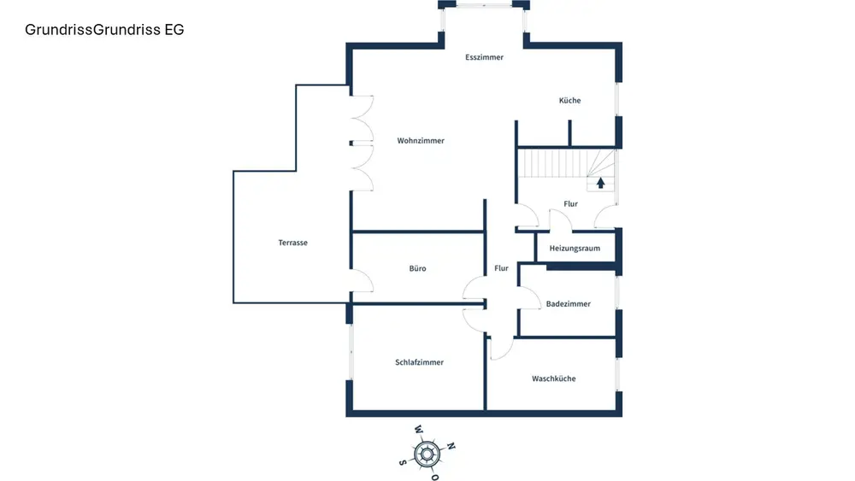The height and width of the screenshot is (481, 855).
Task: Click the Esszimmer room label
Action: [484, 57]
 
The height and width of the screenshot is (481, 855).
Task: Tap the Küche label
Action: [569, 101]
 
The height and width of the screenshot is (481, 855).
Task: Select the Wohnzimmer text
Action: [421, 141]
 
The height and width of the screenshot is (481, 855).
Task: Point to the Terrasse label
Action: [292, 243]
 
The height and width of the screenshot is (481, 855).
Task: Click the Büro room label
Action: [417, 269]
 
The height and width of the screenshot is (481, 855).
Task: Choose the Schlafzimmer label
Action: [419, 362]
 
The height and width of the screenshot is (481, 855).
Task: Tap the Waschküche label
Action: [553, 378]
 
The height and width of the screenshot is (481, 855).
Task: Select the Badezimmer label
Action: [568, 304]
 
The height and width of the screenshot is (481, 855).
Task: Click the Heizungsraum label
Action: [575, 249]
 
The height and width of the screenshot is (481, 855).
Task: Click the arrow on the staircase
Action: [601, 182]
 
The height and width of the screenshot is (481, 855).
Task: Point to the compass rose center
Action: [427, 453]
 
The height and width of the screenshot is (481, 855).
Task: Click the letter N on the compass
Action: [451, 446]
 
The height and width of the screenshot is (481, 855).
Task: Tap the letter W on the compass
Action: [418, 430]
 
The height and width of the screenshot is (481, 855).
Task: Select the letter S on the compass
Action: [402, 462]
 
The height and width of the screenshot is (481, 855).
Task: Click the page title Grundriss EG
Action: [104, 30]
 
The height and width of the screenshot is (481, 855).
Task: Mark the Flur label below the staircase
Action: [570, 204]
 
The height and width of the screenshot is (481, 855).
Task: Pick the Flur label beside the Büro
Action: [501, 268]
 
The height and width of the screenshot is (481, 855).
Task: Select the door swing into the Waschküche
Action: [501, 347]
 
